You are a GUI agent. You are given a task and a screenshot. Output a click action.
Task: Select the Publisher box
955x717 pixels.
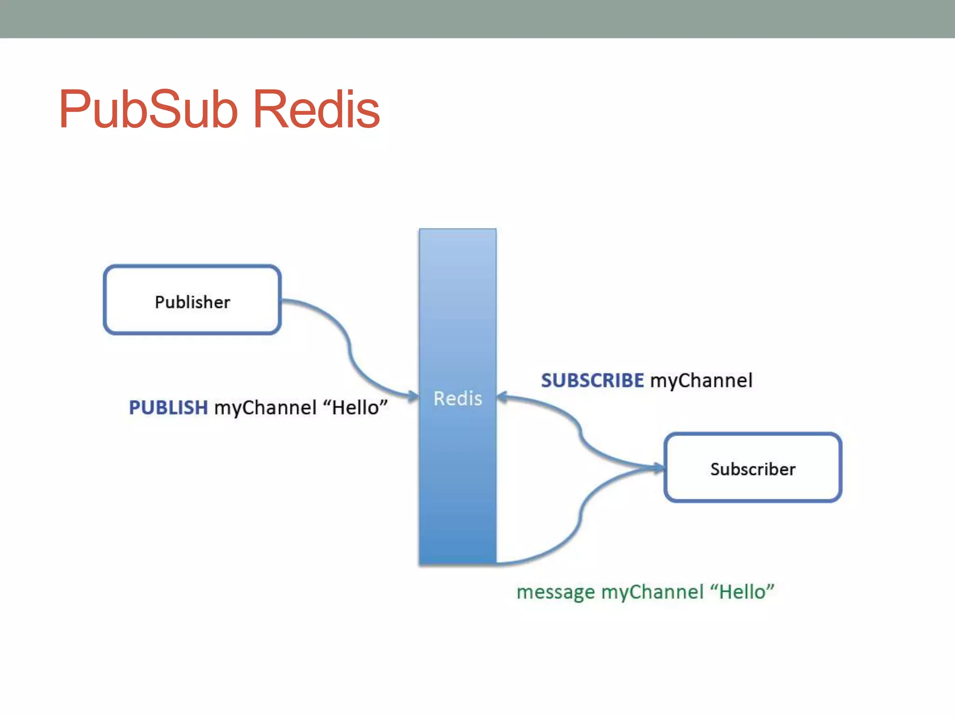point(192,300)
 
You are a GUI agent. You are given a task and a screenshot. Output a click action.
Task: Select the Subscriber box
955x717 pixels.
point(753,467)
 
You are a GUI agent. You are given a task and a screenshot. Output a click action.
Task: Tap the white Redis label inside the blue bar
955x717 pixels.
point(457,399)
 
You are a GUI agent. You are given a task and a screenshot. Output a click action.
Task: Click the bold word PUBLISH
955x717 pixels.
point(168,408)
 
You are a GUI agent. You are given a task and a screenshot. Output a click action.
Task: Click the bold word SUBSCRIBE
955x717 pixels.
point(592,380)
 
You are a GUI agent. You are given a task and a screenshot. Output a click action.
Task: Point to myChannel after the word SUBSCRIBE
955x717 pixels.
point(701,381)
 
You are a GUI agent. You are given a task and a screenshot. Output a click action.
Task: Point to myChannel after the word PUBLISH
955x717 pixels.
point(265,408)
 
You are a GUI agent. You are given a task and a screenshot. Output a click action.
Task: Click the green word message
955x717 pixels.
point(556,592)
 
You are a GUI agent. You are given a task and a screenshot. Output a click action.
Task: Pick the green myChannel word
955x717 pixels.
point(652,592)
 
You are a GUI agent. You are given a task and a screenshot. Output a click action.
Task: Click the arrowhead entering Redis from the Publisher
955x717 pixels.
point(414,397)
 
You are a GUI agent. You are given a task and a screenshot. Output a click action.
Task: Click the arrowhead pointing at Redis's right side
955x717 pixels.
point(502,397)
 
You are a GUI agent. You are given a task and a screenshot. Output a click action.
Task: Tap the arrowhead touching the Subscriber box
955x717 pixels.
point(658,467)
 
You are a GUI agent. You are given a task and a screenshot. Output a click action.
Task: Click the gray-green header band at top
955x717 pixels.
point(477,19)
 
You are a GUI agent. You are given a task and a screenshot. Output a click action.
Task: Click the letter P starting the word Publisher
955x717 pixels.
point(159,302)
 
